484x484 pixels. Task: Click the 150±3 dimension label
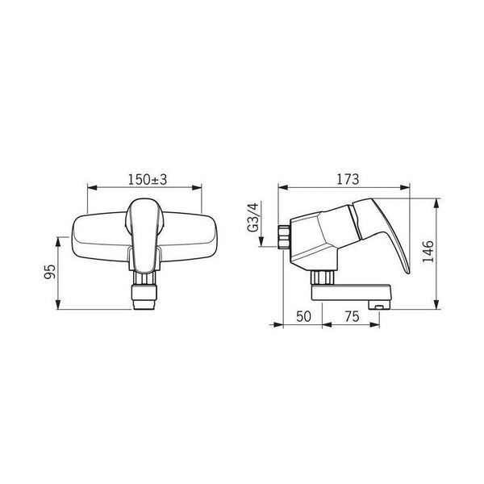pos(148,180)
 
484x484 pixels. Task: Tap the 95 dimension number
pos(50,272)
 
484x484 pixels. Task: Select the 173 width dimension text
pos(348,179)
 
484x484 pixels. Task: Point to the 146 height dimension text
pos(428,251)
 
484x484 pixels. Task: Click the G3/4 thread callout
pos(252,217)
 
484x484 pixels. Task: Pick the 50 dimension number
pos(304,317)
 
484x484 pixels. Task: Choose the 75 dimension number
pos(353,317)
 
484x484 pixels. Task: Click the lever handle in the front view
pos(144,236)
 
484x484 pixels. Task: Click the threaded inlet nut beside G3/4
pos(284,237)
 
